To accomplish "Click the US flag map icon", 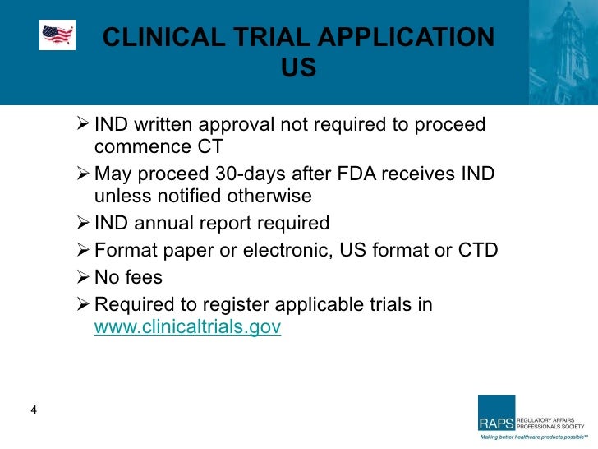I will (57, 35).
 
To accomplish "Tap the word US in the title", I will (298, 68).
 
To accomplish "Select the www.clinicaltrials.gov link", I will (188, 326).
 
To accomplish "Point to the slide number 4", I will (34, 411).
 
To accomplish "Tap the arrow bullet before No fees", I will (81, 277).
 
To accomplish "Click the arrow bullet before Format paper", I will (81, 250).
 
